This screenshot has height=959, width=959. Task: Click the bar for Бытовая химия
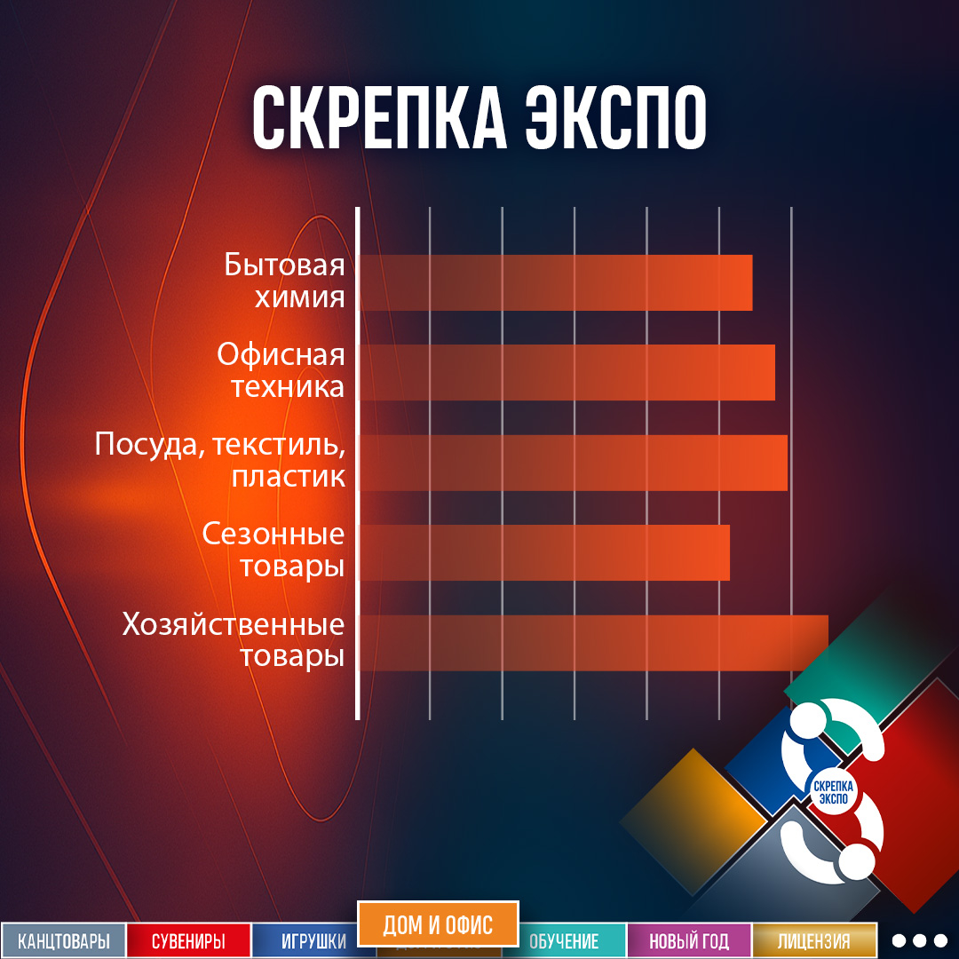point(556,282)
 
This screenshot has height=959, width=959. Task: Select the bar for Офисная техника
point(567,372)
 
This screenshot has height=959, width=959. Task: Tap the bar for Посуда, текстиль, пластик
point(574,463)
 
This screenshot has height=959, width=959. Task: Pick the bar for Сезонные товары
point(544,552)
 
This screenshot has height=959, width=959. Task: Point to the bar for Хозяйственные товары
point(593,643)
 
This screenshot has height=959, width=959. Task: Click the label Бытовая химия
point(284,281)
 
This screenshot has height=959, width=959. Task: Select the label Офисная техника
point(281,371)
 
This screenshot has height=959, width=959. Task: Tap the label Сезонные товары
point(273,551)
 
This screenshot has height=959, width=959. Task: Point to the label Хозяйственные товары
point(234,640)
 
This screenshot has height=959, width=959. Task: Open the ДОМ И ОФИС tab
point(438,924)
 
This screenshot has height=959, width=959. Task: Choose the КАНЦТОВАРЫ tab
point(63,941)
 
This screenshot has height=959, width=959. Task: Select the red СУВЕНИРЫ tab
point(188,941)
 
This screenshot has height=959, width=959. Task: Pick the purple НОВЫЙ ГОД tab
point(689,941)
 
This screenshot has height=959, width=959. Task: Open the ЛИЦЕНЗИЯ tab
point(813,941)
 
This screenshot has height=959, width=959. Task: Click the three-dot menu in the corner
point(919,940)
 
